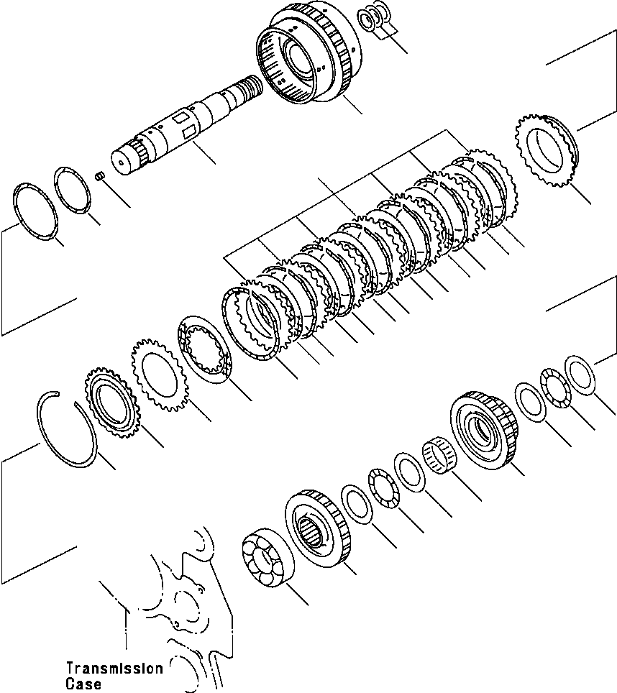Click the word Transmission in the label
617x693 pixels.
click(x=114, y=669)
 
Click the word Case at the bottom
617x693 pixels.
click(x=83, y=684)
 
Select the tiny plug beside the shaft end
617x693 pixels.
click(x=102, y=175)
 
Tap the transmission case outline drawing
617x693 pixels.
click(x=180, y=604)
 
